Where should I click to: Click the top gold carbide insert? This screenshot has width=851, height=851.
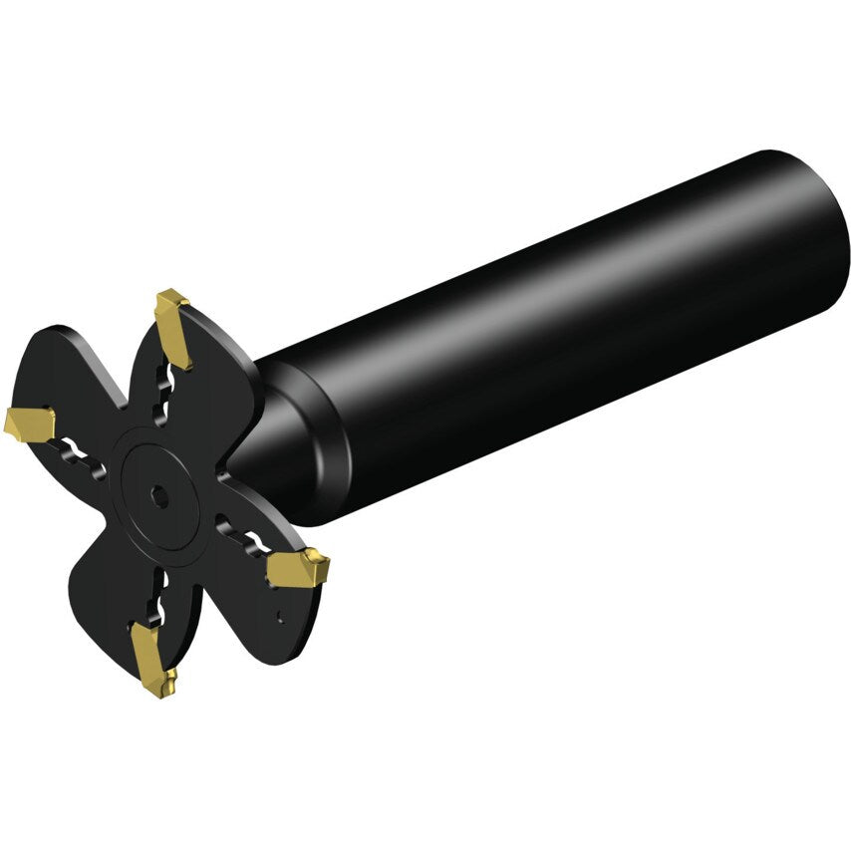[173, 328]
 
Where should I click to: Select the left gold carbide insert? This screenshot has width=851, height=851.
[29, 425]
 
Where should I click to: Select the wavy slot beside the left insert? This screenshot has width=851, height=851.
[77, 454]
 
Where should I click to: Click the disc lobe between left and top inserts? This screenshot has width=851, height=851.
[90, 359]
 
